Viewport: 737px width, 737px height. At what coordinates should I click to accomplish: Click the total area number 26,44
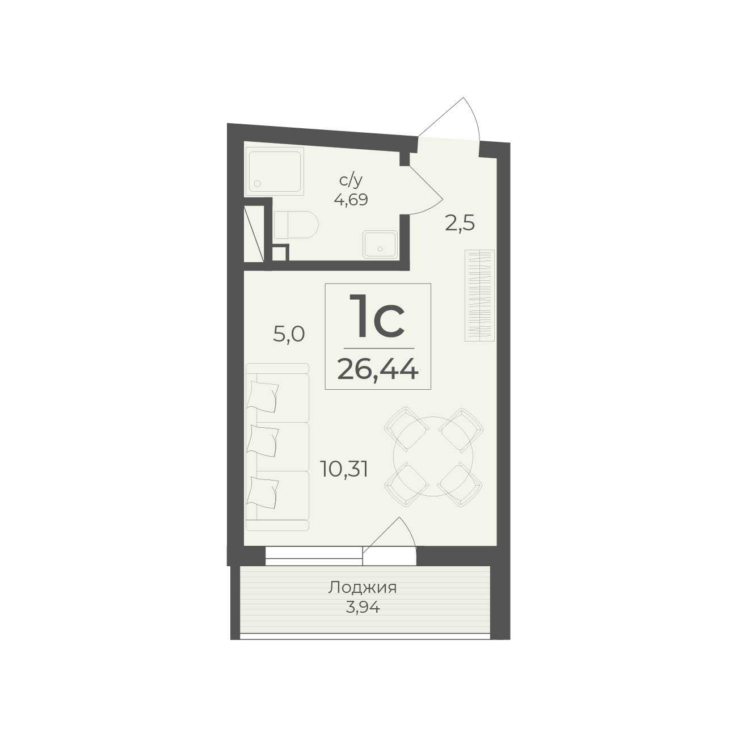tap(377, 370)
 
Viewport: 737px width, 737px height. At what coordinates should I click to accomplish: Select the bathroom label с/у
tap(350, 182)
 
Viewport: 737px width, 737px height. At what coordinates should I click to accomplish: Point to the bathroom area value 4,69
tap(351, 200)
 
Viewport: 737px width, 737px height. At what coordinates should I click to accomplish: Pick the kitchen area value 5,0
tap(289, 335)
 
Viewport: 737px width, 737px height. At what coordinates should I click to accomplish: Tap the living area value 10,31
tap(345, 470)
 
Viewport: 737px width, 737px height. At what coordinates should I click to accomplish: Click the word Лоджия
tap(362, 588)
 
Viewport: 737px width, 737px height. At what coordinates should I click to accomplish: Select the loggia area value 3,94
tap(363, 607)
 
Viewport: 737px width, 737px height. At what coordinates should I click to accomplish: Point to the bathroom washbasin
tap(380, 245)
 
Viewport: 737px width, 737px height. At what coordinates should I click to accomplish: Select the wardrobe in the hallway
tap(479, 295)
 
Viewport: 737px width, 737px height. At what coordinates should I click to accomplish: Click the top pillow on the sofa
tap(263, 397)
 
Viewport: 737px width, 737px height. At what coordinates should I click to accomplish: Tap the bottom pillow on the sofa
tap(263, 493)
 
